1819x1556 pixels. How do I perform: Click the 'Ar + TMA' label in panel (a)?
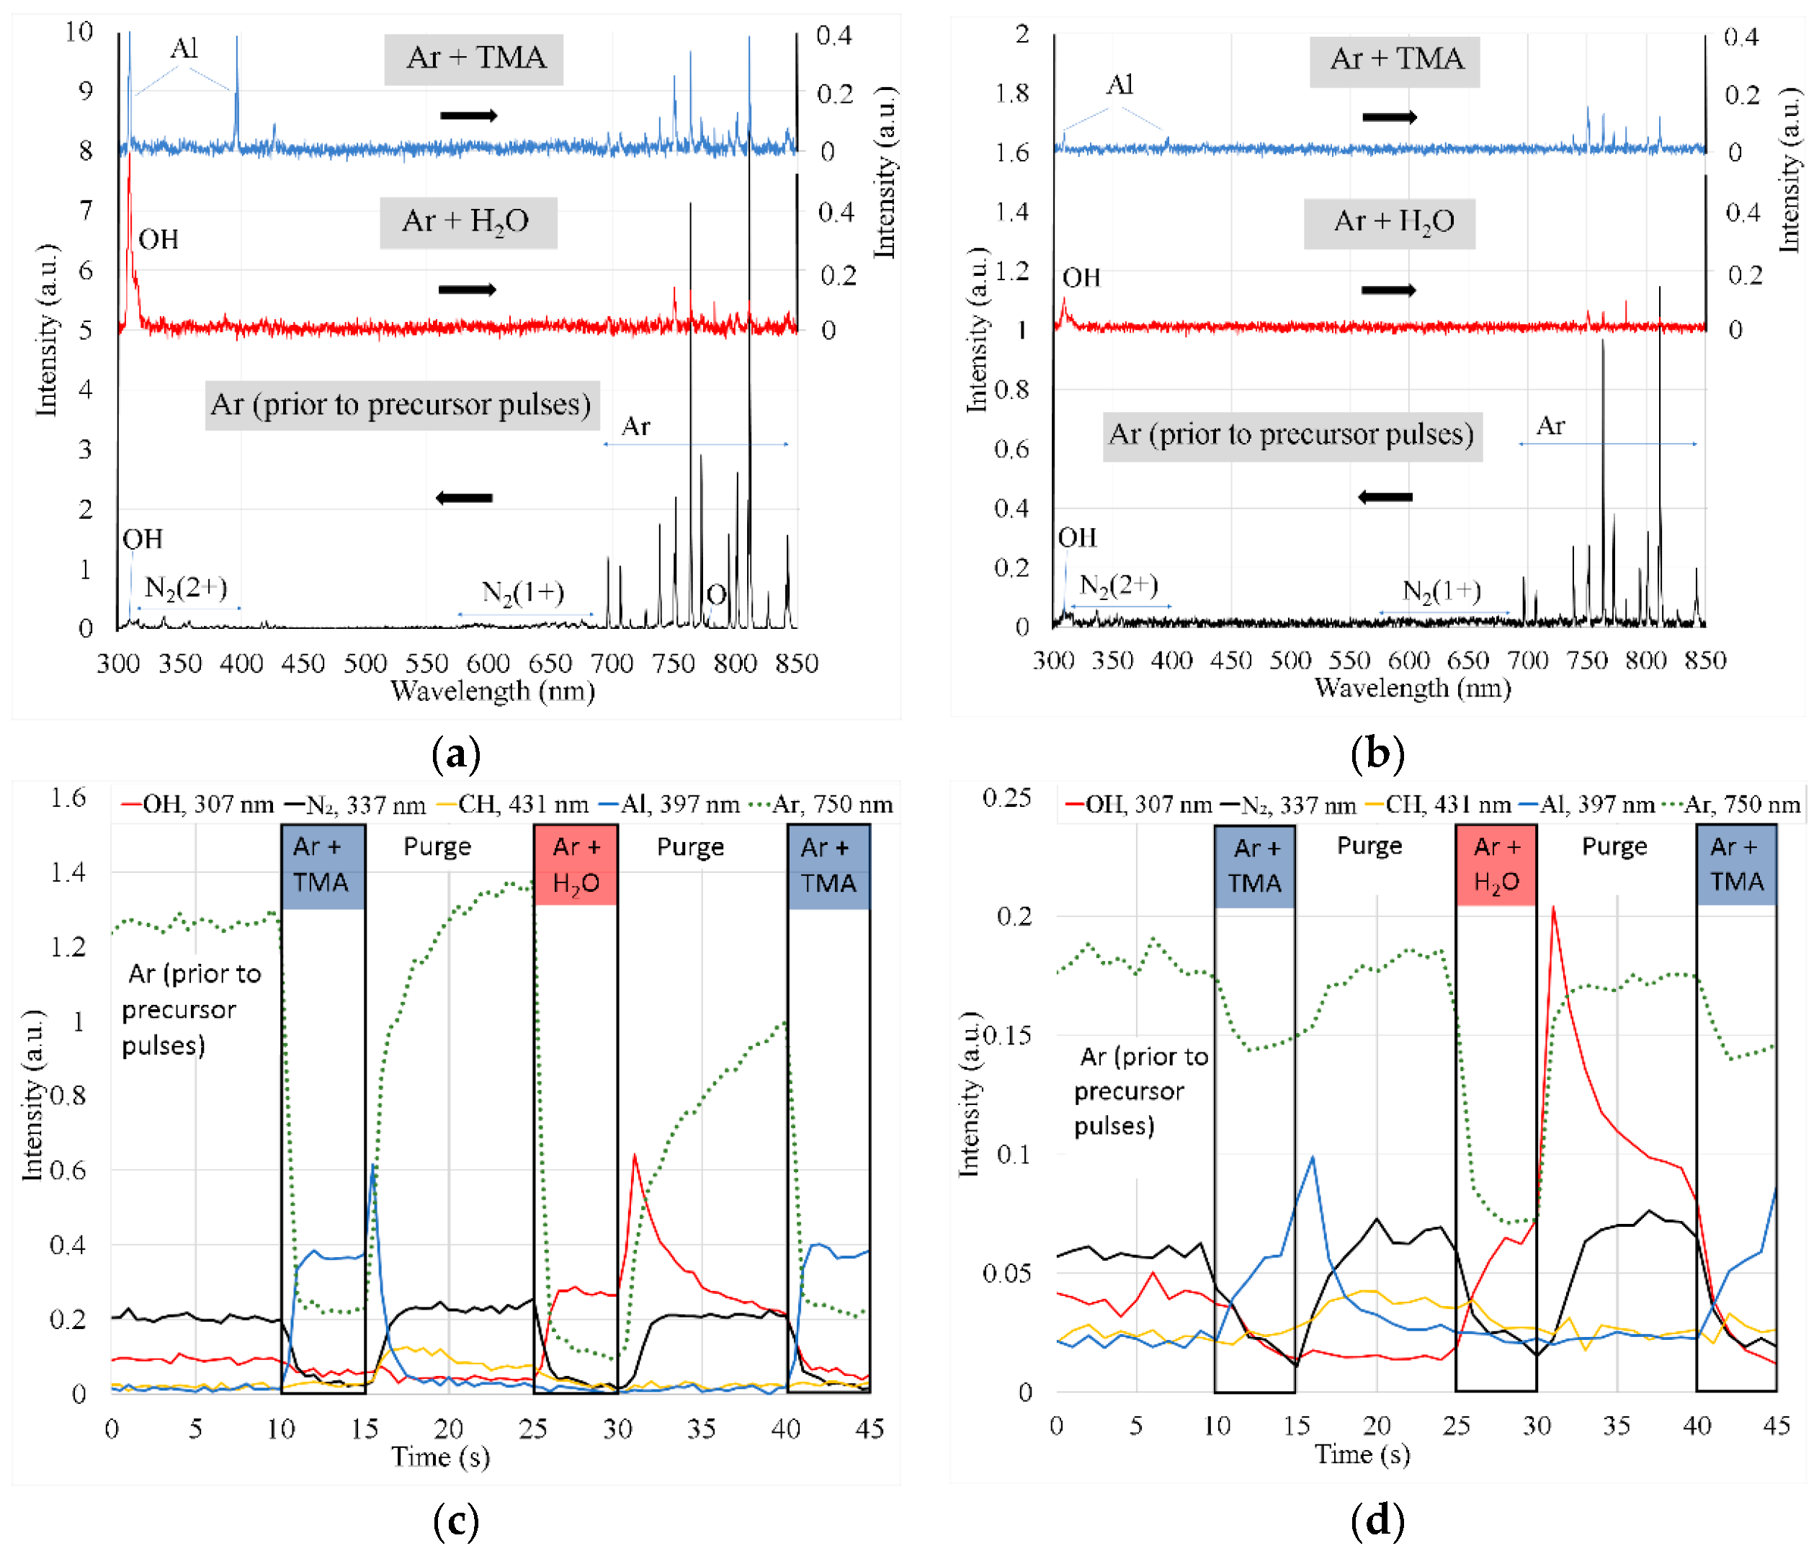tap(474, 59)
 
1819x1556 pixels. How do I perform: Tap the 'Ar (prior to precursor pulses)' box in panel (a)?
tap(402, 405)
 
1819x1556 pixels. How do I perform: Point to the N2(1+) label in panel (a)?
tap(523, 592)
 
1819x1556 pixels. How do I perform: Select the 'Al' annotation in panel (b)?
tap(1119, 85)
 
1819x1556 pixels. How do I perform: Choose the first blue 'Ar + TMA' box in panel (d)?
tap(1253, 865)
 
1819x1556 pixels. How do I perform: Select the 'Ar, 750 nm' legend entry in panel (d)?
tap(1730, 805)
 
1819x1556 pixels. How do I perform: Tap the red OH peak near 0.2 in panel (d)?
tap(1553, 909)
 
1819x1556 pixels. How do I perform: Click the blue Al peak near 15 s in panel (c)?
tap(373, 1167)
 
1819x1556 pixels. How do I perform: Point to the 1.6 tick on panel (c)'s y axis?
tap(68, 797)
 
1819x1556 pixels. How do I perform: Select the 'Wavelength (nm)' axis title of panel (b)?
tap(1413, 687)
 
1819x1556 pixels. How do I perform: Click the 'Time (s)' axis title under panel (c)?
tap(440, 1457)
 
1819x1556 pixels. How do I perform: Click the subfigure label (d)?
tap(1377, 1520)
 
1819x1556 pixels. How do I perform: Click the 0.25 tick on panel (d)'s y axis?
tap(1006, 797)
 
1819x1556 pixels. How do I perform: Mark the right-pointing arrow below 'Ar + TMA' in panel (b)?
tap(1389, 117)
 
